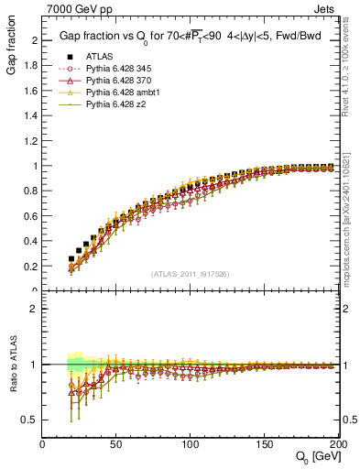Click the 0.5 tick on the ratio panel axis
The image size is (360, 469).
(29, 420)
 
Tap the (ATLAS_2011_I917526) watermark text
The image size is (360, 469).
(190, 274)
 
